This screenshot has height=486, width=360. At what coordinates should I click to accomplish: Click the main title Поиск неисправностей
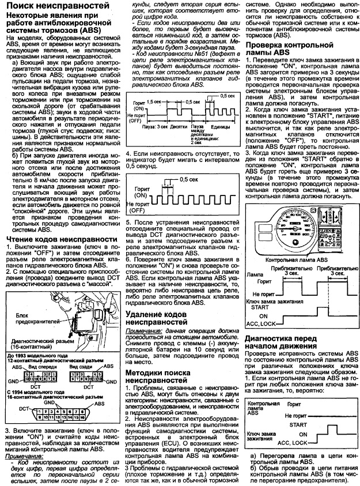point(56,5)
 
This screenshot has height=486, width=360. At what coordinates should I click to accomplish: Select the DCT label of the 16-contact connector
point(24,408)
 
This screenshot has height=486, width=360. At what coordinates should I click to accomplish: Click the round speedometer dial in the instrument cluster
point(275,225)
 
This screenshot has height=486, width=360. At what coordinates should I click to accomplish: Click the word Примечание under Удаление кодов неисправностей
point(144,332)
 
